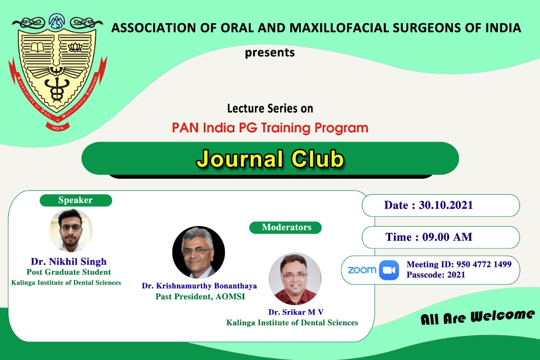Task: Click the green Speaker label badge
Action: tap(76, 200)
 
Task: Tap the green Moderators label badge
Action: tap(286, 228)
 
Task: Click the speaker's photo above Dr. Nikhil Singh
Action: tap(71, 230)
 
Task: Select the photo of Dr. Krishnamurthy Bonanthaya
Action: tap(199, 252)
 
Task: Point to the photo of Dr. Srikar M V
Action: tap(295, 279)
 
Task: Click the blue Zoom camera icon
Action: tap(389, 270)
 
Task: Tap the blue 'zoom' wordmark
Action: tap(362, 270)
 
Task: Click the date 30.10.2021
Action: tap(446, 205)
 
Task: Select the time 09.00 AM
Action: tap(447, 237)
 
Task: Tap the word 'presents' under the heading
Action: tap(270, 53)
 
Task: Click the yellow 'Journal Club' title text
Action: tap(270, 159)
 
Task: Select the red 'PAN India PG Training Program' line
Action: tap(270, 128)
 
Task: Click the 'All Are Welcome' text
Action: tap(478, 317)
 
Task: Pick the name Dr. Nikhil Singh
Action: tap(69, 262)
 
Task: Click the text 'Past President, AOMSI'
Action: tap(200, 297)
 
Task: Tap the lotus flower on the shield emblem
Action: tap(75, 47)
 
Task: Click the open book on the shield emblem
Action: tap(38, 48)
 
